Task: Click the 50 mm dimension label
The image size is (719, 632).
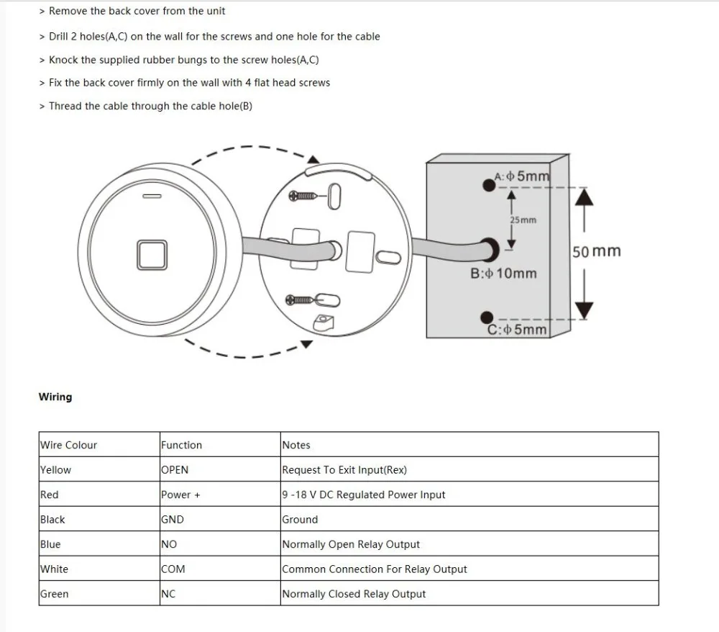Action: [x=596, y=251]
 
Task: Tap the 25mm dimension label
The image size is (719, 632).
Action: [x=523, y=220]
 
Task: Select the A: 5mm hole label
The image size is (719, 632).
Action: [x=523, y=176]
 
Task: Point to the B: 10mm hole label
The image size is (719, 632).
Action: [x=503, y=274]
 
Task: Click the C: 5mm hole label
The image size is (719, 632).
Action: [x=517, y=330]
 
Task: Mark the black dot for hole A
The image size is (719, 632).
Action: [x=488, y=185]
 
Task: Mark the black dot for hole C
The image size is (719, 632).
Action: [x=487, y=317]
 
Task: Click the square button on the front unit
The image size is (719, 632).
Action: [x=154, y=255]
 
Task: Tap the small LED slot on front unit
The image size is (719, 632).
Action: [x=152, y=195]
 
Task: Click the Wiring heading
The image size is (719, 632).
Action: [x=55, y=397]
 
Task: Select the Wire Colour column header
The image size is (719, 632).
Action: [x=68, y=445]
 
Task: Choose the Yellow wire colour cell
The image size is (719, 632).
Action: [x=56, y=470]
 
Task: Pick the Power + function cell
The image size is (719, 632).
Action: [x=180, y=495]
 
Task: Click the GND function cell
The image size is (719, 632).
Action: [x=173, y=520]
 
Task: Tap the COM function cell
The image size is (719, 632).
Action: [x=173, y=569]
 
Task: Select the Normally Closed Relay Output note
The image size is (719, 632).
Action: [x=354, y=594]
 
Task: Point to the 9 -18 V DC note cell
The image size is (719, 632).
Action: [x=364, y=495]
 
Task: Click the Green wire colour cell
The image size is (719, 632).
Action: [x=55, y=594]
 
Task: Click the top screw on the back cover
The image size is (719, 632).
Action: [x=306, y=196]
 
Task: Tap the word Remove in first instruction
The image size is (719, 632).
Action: [x=68, y=11]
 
